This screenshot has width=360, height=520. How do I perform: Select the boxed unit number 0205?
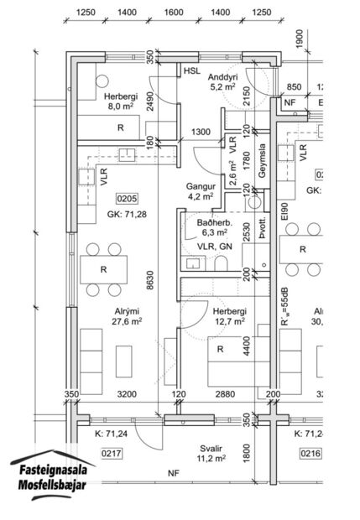(127, 199)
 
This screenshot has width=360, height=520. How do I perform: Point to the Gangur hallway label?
(199, 186)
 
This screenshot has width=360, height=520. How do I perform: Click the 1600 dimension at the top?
(174, 13)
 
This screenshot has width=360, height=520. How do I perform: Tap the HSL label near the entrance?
(192, 73)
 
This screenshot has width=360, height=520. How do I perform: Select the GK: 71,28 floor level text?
(127, 216)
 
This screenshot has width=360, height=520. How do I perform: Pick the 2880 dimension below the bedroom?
(223, 393)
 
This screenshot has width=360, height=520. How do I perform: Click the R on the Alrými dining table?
(103, 269)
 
